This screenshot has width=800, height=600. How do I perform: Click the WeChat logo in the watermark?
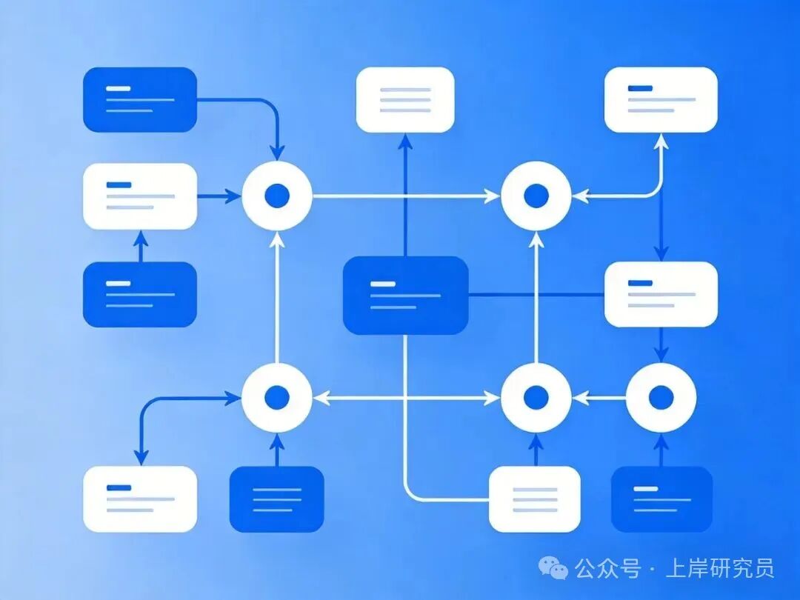click(x=553, y=567)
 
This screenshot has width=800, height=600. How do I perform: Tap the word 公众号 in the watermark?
click(x=607, y=568)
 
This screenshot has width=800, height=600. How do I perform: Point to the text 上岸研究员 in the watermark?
click(x=719, y=568)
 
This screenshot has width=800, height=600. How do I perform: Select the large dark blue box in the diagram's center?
click(x=406, y=296)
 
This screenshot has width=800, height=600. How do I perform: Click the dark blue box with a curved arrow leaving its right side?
click(x=140, y=99)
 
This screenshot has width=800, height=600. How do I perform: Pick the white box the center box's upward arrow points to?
click(x=405, y=99)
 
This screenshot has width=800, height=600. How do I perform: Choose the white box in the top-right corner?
click(x=661, y=99)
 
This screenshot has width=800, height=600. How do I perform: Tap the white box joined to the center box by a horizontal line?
click(x=661, y=294)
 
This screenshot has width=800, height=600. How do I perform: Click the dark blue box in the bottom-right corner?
click(x=661, y=499)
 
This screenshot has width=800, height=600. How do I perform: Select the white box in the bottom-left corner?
click(x=140, y=499)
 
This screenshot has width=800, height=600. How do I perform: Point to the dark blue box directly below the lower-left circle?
click(x=276, y=499)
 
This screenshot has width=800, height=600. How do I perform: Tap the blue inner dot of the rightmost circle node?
click(x=661, y=398)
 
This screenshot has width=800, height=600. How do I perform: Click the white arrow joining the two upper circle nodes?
click(x=406, y=196)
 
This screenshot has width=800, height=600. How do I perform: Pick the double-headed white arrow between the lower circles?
click(x=406, y=398)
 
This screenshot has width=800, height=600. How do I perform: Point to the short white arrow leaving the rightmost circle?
click(x=599, y=398)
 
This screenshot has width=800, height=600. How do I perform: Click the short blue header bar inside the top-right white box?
click(x=640, y=88)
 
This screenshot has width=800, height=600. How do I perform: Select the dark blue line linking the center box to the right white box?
click(x=536, y=294)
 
